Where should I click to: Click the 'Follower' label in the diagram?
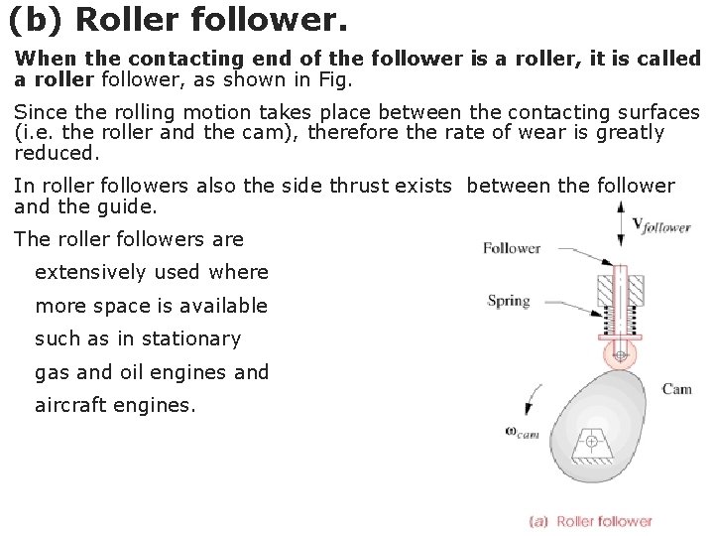511,248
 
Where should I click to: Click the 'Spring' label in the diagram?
509,301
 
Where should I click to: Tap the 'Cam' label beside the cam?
676,389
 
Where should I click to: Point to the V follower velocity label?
660,226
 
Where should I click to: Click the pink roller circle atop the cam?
620,354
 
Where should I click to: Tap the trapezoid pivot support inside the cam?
592,446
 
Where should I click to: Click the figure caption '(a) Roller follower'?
591,521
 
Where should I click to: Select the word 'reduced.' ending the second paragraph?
58,153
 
